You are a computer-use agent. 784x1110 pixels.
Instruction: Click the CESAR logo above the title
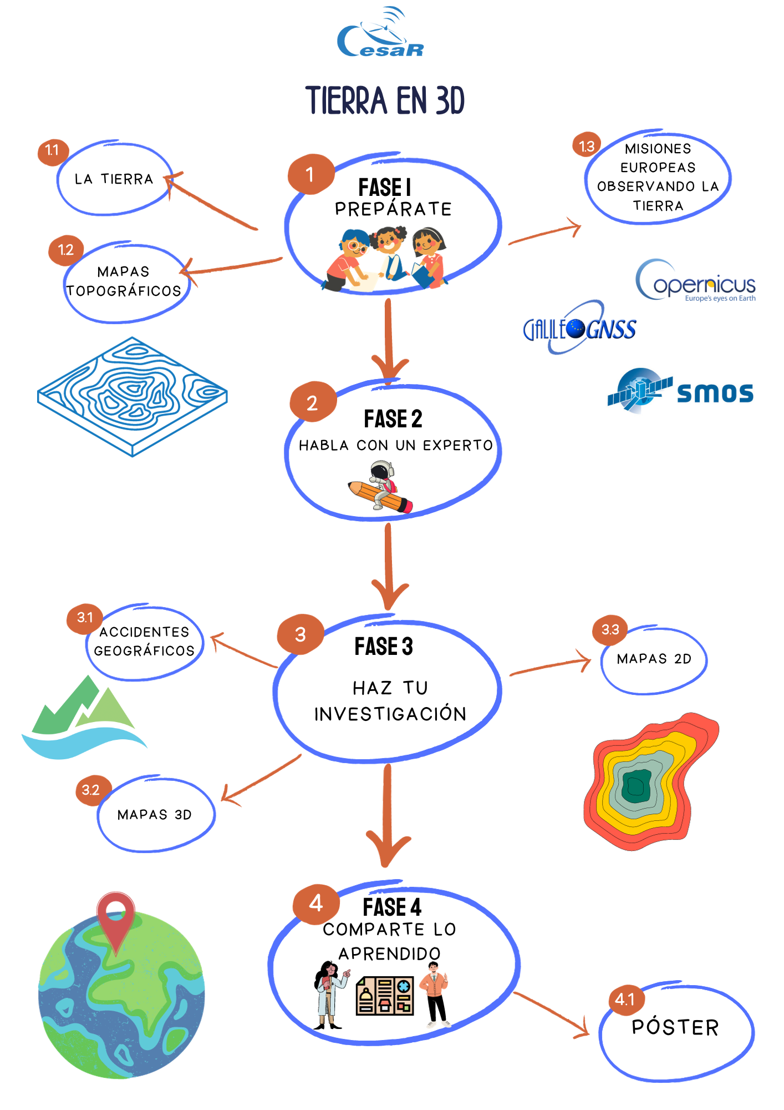pyautogui.click(x=380, y=33)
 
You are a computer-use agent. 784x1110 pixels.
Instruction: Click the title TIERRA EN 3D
pyautogui.click(x=385, y=100)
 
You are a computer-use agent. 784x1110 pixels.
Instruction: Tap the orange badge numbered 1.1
pyautogui.click(x=53, y=151)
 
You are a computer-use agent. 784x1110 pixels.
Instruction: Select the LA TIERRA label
pyautogui.click(x=114, y=179)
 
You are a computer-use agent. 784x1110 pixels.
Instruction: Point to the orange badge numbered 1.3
pyautogui.click(x=587, y=145)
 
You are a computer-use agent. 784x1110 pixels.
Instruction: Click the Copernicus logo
pyautogui.click(x=696, y=281)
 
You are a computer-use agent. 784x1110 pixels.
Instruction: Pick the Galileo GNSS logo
pyautogui.click(x=579, y=327)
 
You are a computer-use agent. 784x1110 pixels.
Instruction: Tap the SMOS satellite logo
pyautogui.click(x=680, y=391)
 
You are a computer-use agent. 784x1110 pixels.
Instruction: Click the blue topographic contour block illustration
pyautogui.click(x=133, y=396)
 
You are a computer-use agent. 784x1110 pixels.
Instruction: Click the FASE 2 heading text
pyautogui.click(x=393, y=419)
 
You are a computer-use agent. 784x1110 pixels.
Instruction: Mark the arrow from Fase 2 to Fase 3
pyautogui.click(x=389, y=566)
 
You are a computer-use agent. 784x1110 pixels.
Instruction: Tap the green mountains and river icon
pyautogui.click(x=83, y=717)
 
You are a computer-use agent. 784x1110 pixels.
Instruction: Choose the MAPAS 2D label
pyautogui.click(x=654, y=659)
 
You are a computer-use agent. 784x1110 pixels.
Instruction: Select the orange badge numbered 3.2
pyautogui.click(x=91, y=790)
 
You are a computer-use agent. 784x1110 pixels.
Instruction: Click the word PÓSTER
pyautogui.click(x=675, y=1027)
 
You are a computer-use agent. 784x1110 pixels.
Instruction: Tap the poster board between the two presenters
pyautogui.click(x=385, y=996)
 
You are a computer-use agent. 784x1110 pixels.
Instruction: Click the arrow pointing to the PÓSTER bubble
pyautogui.click(x=551, y=1014)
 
